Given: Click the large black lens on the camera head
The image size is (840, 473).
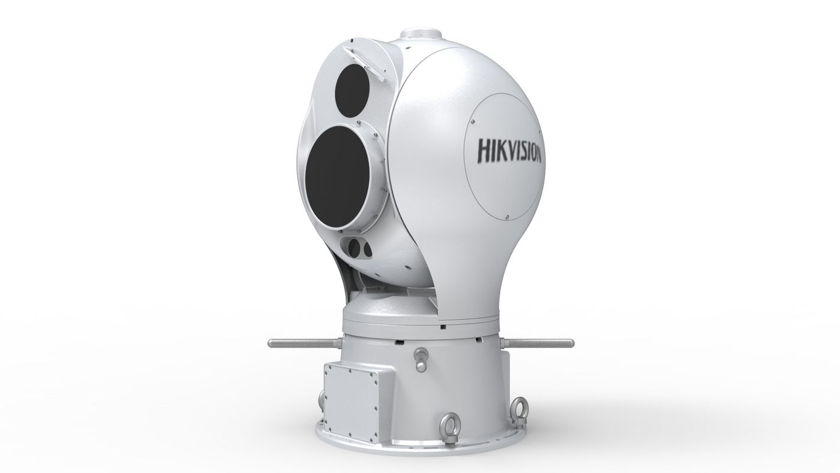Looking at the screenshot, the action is click(337, 178).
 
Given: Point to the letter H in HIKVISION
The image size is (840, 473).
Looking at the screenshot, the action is click(484, 149).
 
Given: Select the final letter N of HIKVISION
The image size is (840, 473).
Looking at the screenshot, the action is click(537, 155).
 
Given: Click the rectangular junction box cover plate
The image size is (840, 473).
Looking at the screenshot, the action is click(350, 406).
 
